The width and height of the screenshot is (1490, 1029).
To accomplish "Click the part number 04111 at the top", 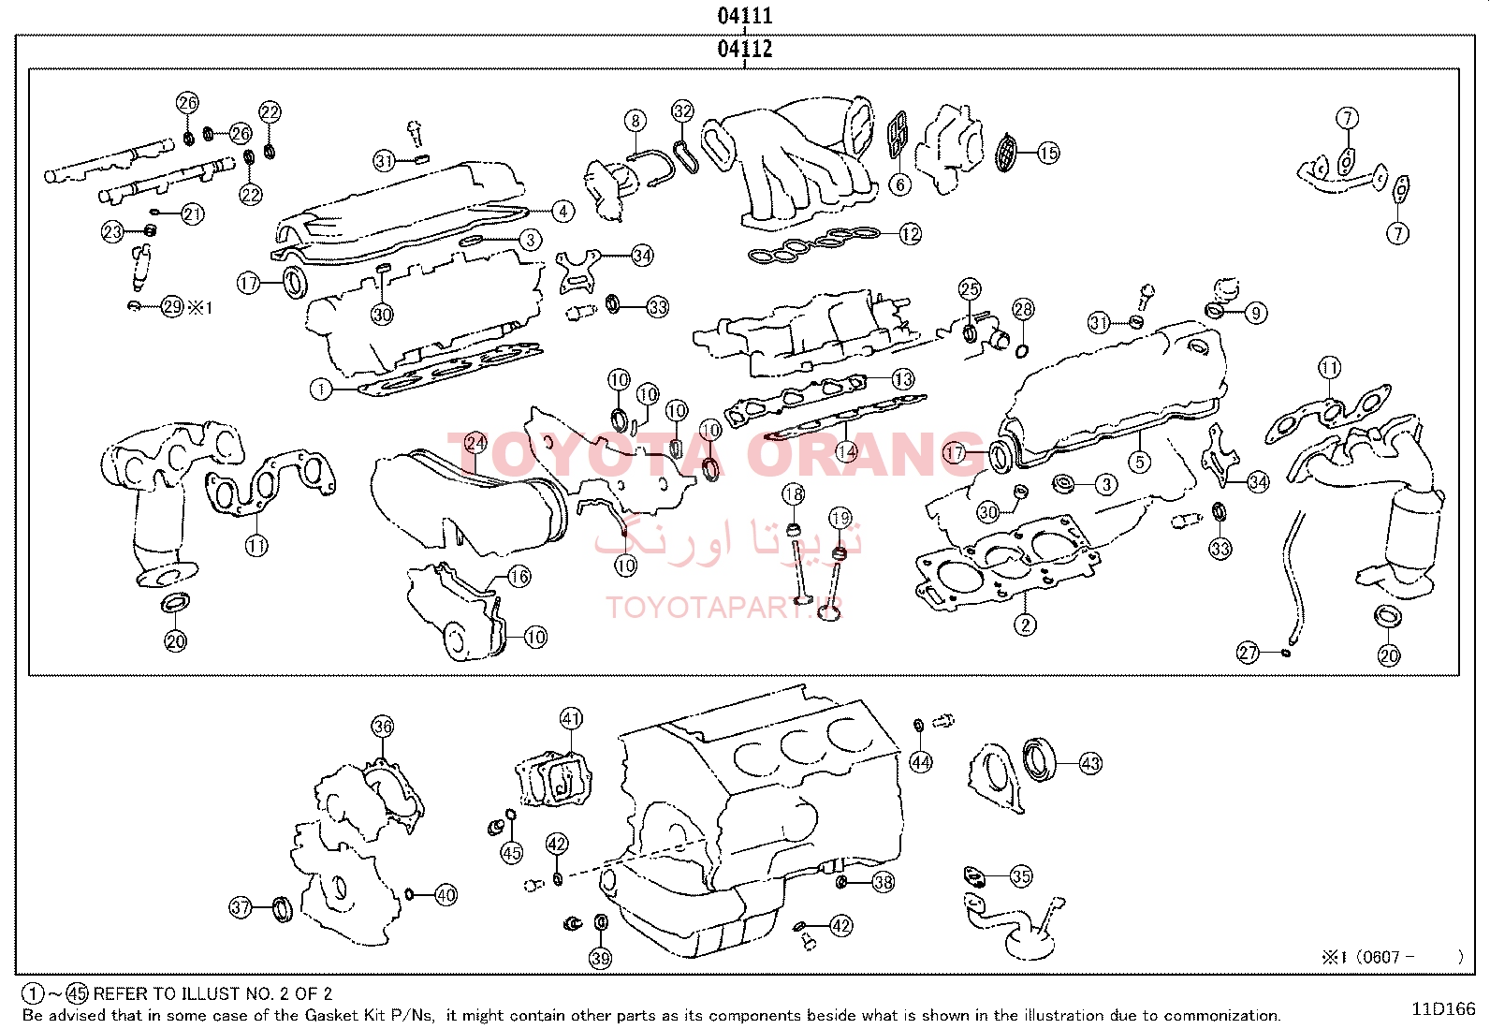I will pyautogui.click(x=745, y=16).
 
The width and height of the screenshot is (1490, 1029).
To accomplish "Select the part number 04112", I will pyautogui.click(x=745, y=49).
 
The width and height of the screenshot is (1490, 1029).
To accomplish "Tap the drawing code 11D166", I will pyautogui.click(x=1443, y=1008).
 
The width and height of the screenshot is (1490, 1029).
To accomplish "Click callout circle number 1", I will pyautogui.click(x=321, y=389).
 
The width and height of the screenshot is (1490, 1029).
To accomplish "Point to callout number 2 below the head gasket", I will pyautogui.click(x=1025, y=625).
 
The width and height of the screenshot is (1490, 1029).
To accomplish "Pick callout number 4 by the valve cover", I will pyautogui.click(x=562, y=212).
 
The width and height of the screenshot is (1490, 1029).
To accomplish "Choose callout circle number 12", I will pyautogui.click(x=910, y=234).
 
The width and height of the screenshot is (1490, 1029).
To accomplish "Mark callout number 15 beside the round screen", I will pyautogui.click(x=1048, y=153).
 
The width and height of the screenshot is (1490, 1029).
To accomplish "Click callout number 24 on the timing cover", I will pyautogui.click(x=475, y=442).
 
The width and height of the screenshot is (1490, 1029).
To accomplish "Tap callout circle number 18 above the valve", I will pyautogui.click(x=793, y=494).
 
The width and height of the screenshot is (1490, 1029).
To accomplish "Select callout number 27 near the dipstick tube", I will pyautogui.click(x=1248, y=653).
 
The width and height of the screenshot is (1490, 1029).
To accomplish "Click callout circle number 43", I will pyautogui.click(x=1090, y=763).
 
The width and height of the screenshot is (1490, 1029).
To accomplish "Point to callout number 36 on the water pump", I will pyautogui.click(x=382, y=726).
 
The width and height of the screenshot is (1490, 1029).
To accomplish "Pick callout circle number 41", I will pyautogui.click(x=571, y=719).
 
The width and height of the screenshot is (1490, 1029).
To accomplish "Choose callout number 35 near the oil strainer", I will pyautogui.click(x=1020, y=876).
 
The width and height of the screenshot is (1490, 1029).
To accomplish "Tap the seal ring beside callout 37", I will pyautogui.click(x=283, y=907).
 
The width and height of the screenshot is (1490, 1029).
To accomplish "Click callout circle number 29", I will pyautogui.click(x=172, y=306).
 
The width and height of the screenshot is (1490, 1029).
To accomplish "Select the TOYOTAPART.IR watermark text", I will pyautogui.click(x=724, y=608).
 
